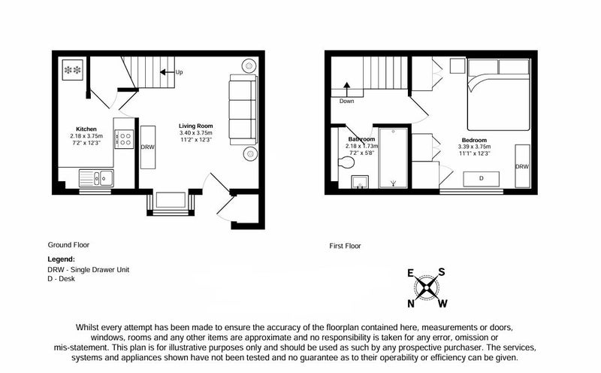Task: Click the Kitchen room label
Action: point(86,129)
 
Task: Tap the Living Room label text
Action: point(196,126)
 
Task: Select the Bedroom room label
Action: point(474,140)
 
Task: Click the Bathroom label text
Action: point(361,139)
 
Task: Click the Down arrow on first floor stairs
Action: point(347,89)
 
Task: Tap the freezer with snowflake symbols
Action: point(73,70)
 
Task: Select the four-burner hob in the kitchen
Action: point(125,139)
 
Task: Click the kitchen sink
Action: point(96,178)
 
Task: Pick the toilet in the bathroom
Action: point(346,162)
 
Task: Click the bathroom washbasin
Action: point(360,182)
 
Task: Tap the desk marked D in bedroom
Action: point(482,179)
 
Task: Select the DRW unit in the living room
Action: point(147,147)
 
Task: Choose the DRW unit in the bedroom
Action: point(522,166)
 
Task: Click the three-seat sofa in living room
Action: point(243,110)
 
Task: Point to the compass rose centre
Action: point(426,288)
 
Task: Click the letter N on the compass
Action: point(411,304)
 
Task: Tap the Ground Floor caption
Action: point(68,245)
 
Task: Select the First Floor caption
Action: point(345,246)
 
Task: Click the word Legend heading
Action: point(62,259)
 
